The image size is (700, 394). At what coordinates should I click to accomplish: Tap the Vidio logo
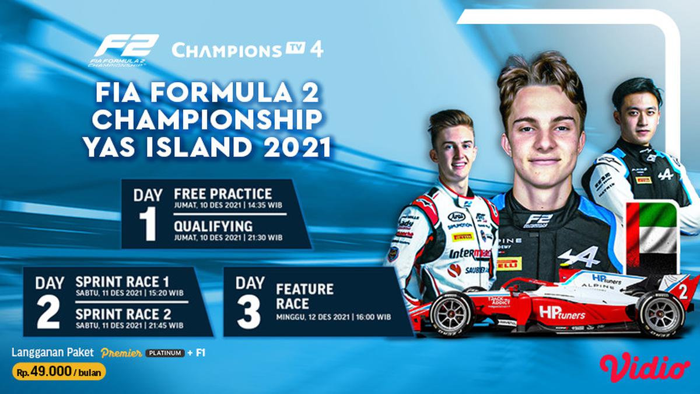click(x=645, y=367)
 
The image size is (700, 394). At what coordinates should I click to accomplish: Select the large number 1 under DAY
click(x=148, y=224)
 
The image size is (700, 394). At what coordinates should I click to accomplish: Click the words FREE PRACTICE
click(x=223, y=194)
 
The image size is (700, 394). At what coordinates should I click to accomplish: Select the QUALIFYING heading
click(x=213, y=226)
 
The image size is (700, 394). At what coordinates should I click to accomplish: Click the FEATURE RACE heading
click(x=305, y=297)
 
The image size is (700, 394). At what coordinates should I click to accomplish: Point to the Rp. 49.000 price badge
click(x=58, y=371)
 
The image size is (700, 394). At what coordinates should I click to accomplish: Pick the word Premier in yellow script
click(x=121, y=353)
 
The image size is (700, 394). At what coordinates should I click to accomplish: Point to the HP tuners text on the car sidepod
click(x=561, y=313)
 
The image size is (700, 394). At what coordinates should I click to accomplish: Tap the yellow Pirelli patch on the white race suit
click(x=463, y=237)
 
